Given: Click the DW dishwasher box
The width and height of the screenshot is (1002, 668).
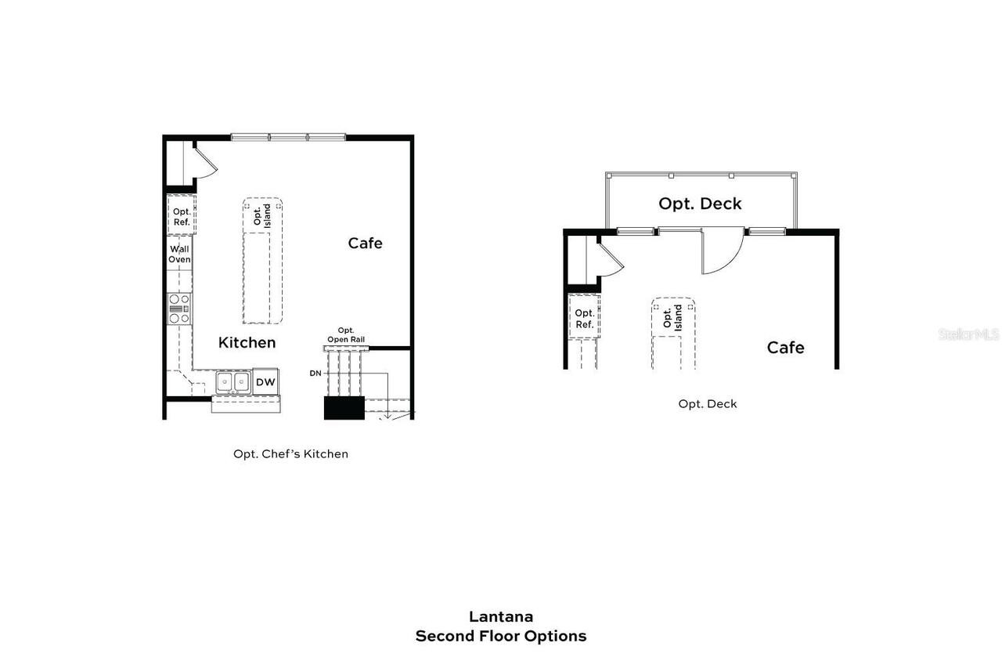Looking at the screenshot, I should pos(265,381).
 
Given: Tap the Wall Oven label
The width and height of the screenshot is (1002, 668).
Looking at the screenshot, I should pos(179,255).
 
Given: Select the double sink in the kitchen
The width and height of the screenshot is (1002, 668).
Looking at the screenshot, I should pos(232,381).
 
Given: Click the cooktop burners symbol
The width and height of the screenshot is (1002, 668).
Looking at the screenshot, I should pos(179,308).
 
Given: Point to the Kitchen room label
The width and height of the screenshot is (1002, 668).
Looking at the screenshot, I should pos(247,342).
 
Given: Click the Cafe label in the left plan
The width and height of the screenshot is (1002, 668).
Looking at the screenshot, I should pos(365,243).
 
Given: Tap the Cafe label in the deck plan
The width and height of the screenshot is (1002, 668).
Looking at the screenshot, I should pos(785,347).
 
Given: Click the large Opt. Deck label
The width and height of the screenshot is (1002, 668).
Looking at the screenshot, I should pos(700,204).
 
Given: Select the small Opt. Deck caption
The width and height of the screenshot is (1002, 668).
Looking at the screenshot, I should pos(708,404).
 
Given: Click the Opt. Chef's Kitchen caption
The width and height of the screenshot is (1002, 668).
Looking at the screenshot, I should pos(290,453).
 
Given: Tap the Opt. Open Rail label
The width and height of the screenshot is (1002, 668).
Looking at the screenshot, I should pos(345,335).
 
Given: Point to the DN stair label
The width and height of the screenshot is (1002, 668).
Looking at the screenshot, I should pos(315,374).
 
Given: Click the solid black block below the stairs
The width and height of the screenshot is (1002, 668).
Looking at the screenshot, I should pos(344,408).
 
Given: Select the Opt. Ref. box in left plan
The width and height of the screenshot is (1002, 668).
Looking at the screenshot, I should pos(182,216).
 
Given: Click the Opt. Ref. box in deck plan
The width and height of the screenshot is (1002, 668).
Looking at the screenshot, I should pos(584,318).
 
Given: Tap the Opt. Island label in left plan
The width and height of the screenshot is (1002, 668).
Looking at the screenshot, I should pos(262,215).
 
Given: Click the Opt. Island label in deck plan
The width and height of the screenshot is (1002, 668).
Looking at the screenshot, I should pos(672,316).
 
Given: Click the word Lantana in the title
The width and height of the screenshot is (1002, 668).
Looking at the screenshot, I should pos(501,616).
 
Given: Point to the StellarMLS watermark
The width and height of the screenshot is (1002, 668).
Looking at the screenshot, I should pos(968,334).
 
